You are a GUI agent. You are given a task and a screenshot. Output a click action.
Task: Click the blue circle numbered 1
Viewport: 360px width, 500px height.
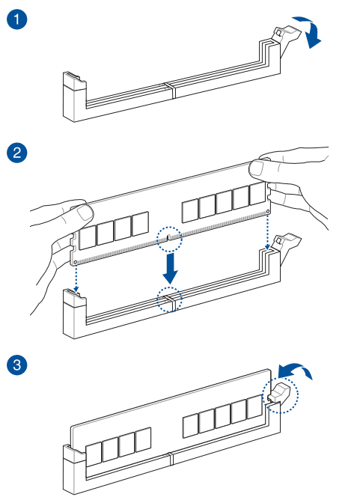tap(17, 19)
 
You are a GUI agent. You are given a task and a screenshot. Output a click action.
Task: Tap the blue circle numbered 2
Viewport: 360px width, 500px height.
tap(17, 153)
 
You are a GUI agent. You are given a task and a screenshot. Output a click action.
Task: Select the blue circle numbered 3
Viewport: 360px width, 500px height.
tap(17, 365)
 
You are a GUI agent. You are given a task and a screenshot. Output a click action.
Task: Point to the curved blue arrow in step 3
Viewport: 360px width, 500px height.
tap(295, 369)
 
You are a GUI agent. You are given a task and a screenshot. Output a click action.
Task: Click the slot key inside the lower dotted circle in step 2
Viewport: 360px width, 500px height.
tap(170, 302)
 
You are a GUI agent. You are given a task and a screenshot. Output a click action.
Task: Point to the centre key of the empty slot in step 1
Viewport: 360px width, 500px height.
tap(171, 90)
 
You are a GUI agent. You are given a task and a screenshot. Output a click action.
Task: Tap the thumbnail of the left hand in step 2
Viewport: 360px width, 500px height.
tap(85, 213)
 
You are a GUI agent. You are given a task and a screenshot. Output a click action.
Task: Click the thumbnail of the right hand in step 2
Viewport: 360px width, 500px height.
tap(257, 168)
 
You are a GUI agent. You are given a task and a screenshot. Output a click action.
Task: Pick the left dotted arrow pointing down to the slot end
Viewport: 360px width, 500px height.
tap(76, 278)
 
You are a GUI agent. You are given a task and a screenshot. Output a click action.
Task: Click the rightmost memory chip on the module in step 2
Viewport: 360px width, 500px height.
tap(257, 194)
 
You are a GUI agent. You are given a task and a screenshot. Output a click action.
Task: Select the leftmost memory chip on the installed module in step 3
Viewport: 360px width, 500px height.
tap(94, 453)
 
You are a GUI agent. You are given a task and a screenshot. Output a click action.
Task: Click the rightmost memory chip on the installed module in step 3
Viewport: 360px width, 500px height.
tap(254, 407)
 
